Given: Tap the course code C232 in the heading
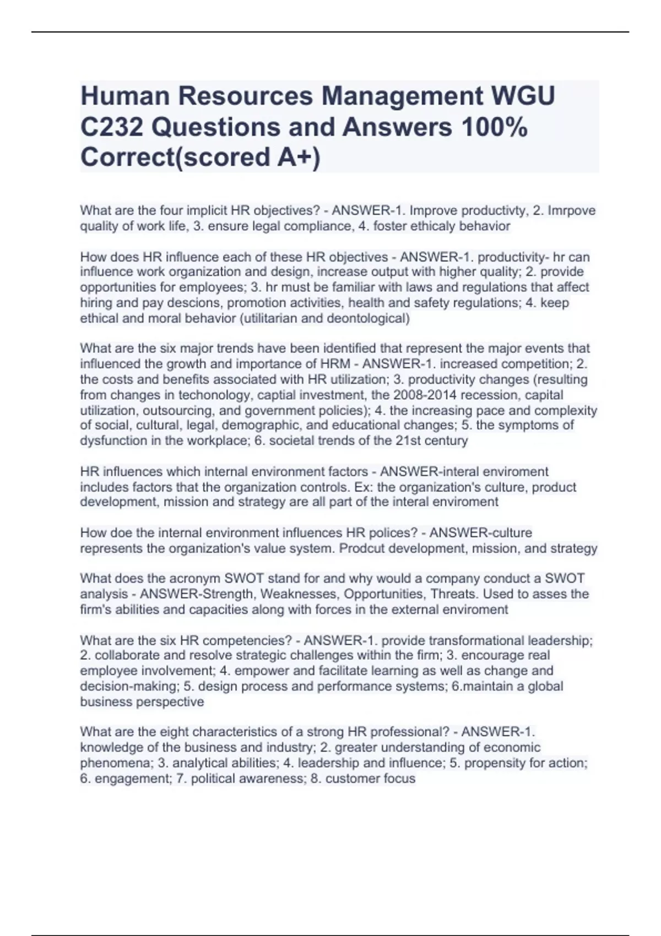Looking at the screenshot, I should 111,127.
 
